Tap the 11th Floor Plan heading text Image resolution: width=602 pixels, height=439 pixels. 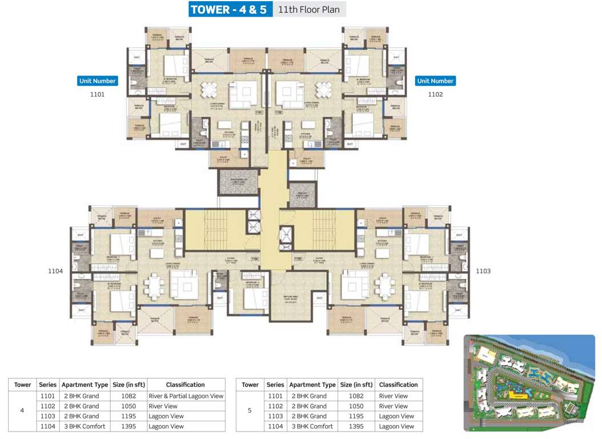pos(309,10)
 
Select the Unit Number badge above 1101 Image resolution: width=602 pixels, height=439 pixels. pos(97,81)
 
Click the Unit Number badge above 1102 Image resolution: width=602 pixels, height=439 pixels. pos(435,81)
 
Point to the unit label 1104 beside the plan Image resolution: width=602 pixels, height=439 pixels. pos(55,271)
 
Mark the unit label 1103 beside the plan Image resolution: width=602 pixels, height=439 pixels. pos(483,271)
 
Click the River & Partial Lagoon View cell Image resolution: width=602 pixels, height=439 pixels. pos(186,396)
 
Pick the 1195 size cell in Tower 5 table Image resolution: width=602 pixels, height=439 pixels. pos(356,416)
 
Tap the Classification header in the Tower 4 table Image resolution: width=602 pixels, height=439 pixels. pos(186,385)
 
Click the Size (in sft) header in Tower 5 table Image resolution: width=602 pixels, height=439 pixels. pos(356,385)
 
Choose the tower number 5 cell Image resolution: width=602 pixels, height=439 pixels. pos(250,411)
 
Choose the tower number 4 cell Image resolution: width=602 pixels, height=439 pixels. pos(22,411)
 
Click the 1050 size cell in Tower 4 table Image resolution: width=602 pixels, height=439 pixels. pos(129,406)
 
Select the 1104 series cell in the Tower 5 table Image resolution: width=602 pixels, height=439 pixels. pos(275,426)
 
